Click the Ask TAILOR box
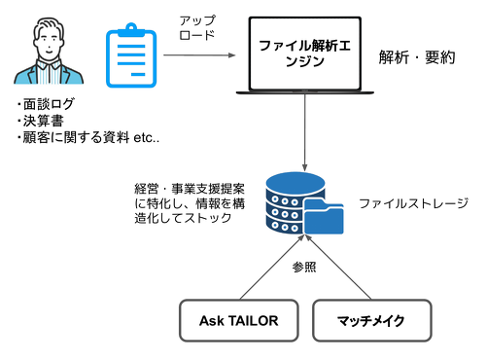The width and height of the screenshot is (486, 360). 239,320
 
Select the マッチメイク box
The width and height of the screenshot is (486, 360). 372,320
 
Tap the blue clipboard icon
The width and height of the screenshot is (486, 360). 131,55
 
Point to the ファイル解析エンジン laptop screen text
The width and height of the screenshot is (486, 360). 304,54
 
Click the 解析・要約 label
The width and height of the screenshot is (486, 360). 417,57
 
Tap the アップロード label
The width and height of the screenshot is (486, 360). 197,27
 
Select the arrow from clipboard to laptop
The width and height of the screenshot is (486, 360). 199,55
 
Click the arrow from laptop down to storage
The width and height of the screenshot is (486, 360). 304,132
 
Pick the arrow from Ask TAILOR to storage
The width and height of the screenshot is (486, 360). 272,267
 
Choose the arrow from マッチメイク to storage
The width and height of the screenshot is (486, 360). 338,267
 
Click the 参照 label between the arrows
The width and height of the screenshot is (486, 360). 304,268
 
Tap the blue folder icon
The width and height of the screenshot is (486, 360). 324,216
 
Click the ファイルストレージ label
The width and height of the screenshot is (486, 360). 413,203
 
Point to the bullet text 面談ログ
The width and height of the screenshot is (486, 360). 49,104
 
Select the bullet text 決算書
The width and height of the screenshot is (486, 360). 43,121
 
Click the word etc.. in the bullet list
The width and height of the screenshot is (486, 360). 147,138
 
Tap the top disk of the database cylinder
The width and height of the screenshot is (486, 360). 295,182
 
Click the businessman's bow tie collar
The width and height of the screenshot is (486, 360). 49,65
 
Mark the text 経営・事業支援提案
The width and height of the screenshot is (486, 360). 190,189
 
